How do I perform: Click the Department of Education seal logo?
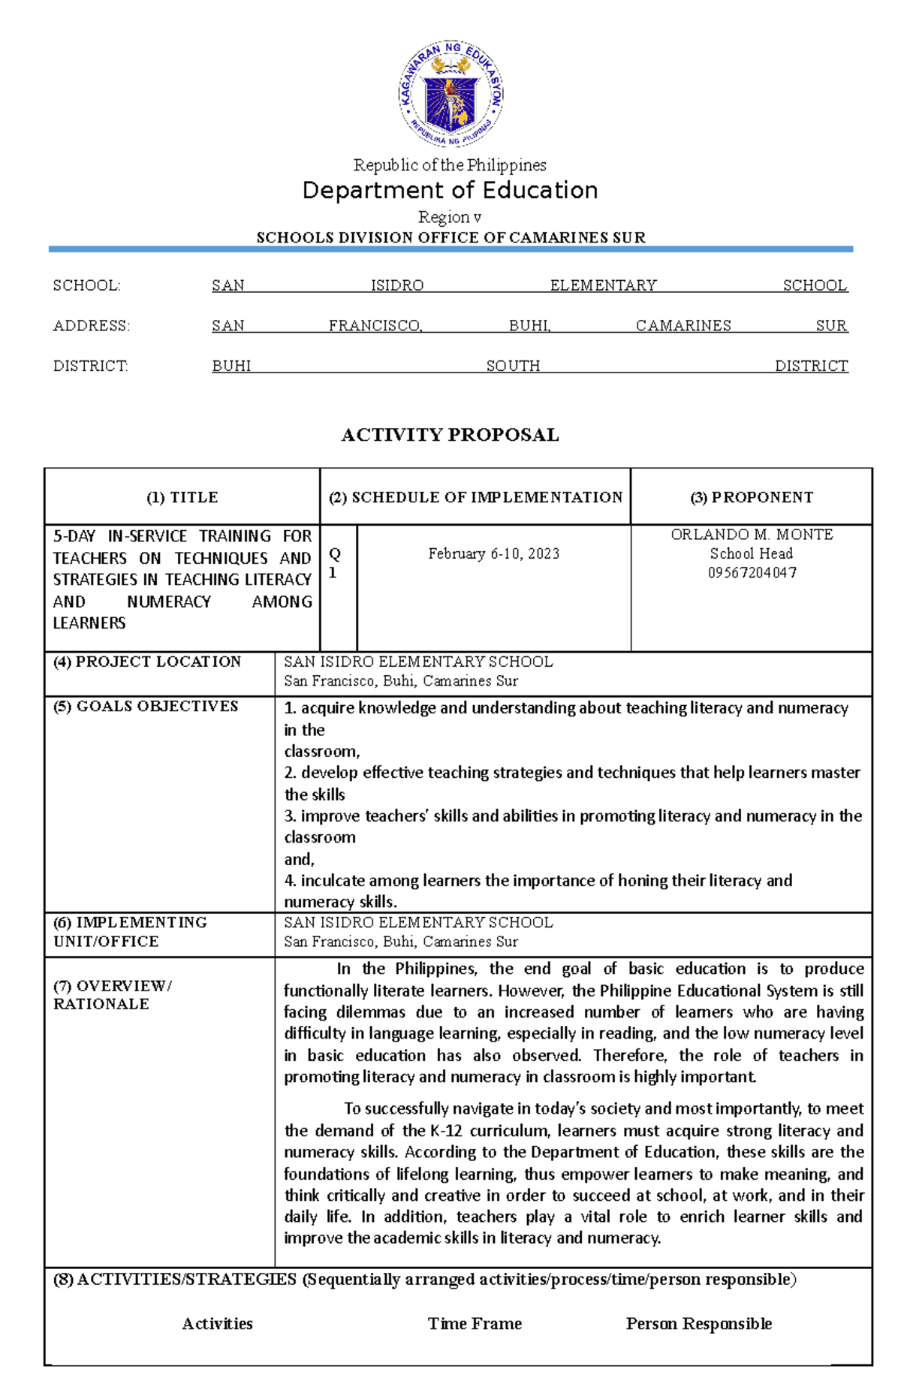point(450,94)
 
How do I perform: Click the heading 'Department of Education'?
point(450,191)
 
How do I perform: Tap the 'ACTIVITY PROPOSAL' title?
point(450,435)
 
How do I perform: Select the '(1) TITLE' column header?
point(182,497)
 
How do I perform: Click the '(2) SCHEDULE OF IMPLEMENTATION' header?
point(475,497)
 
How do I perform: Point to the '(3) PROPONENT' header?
point(752,497)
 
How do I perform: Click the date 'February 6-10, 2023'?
point(494,553)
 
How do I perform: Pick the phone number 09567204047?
point(752,573)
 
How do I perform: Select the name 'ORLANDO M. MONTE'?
point(752,535)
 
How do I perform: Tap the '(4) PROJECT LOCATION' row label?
point(147,662)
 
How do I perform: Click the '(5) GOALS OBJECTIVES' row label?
point(146,706)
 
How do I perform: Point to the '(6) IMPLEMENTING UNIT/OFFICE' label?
point(130,931)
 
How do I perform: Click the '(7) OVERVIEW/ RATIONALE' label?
point(113,994)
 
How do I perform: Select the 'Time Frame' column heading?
point(475,1323)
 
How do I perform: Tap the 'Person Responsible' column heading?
point(699,1323)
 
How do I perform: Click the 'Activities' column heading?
point(217,1323)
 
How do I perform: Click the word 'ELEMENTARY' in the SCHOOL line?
point(603,285)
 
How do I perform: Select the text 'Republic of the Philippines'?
point(450,164)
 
